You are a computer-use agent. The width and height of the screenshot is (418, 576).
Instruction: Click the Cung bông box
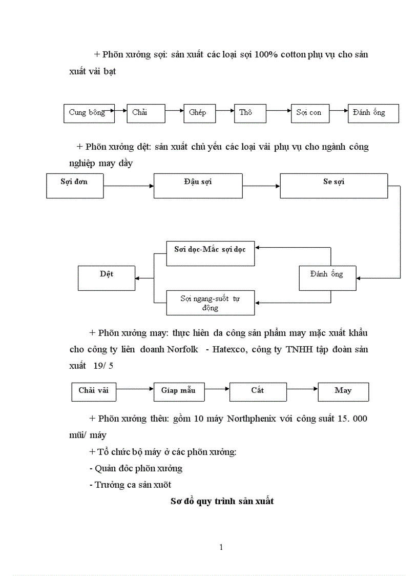click(88, 113)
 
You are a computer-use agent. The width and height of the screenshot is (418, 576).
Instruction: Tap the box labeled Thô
click(250, 113)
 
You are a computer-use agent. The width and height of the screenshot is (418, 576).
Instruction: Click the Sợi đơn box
click(74, 185)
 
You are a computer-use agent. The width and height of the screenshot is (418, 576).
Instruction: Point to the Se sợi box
click(333, 185)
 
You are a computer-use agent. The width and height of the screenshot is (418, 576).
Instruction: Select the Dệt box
click(107, 277)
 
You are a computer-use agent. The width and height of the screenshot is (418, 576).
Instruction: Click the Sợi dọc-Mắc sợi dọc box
click(210, 253)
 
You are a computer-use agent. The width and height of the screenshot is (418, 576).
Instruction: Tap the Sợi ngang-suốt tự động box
click(210, 303)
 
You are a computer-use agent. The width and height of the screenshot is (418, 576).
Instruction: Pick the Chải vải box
click(94, 392)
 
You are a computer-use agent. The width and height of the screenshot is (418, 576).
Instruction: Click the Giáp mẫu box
click(178, 392)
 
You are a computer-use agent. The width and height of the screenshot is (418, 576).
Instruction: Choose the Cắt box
click(257, 392)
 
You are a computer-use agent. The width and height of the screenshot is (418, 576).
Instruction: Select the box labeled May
click(343, 392)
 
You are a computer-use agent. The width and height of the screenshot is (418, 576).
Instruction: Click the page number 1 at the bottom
click(221, 547)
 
